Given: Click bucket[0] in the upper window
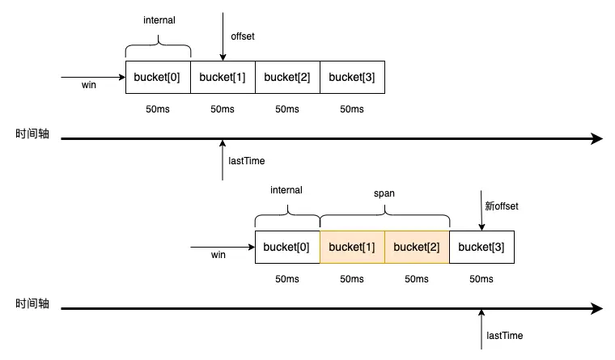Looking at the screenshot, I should point(158,78).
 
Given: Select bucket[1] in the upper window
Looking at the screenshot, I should point(223,78).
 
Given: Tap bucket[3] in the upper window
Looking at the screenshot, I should point(352,78).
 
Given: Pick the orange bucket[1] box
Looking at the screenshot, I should point(352,247).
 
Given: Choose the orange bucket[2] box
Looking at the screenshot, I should point(417,247).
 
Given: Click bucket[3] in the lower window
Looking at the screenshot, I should point(481,247).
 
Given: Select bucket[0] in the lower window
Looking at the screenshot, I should point(287,247).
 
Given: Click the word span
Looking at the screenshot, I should point(384,194).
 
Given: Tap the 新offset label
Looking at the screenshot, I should point(502,206).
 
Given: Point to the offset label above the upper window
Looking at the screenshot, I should point(244,36).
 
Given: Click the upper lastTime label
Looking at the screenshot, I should point(247,161).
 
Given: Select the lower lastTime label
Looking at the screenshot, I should point(506,335).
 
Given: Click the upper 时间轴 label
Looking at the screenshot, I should point(32,134).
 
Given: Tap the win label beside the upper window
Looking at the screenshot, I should point(89,85).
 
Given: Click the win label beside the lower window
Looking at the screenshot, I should point(218,255).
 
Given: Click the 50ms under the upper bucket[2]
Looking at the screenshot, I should point(287,109).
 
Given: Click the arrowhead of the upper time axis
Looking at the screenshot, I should point(597,139).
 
